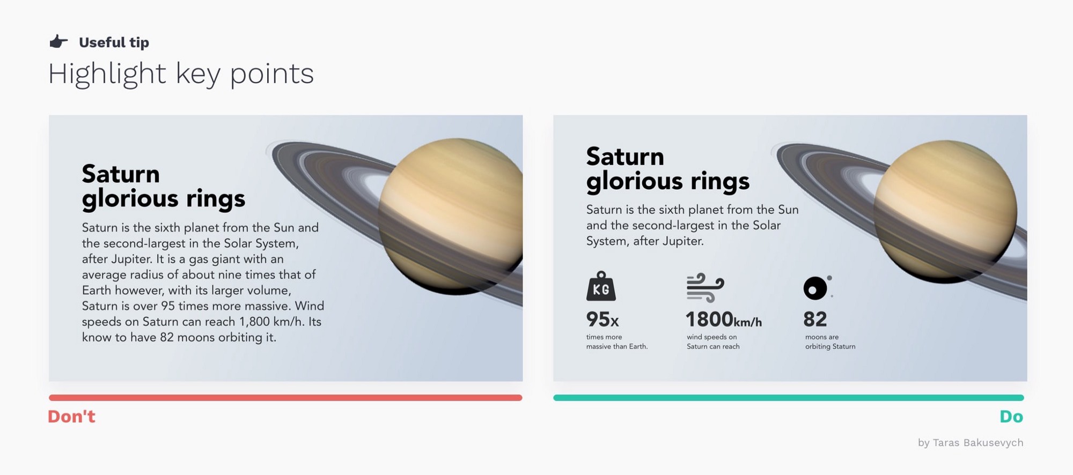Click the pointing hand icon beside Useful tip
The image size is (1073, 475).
58,42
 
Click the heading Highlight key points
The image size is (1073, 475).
181,74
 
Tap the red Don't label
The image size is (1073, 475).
71,417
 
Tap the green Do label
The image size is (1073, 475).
1011,417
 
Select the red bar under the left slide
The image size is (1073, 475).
285,398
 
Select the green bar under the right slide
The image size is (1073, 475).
789,398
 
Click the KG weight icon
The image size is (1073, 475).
601,286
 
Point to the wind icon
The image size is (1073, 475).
705,288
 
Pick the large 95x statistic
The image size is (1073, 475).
602,320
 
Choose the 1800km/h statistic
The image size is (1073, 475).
724,320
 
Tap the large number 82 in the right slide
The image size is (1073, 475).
815,320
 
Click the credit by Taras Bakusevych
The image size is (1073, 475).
971,443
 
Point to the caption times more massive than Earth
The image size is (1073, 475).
617,342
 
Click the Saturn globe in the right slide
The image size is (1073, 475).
945,212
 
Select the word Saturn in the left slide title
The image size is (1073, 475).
121,174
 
